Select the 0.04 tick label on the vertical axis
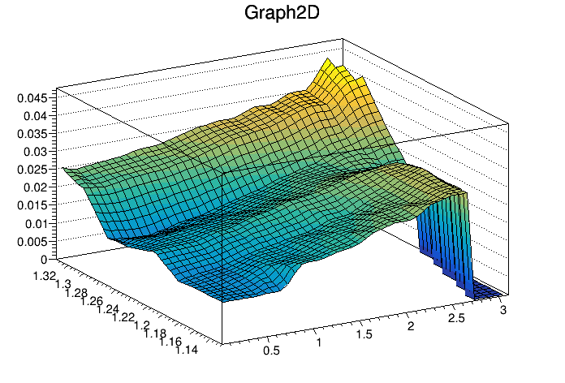point(35,115)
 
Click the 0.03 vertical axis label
point(35,151)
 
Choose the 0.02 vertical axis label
point(35,187)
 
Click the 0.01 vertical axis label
point(35,223)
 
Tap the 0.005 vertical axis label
point(32,241)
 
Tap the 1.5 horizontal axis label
point(367,334)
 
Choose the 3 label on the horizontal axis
point(504,309)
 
